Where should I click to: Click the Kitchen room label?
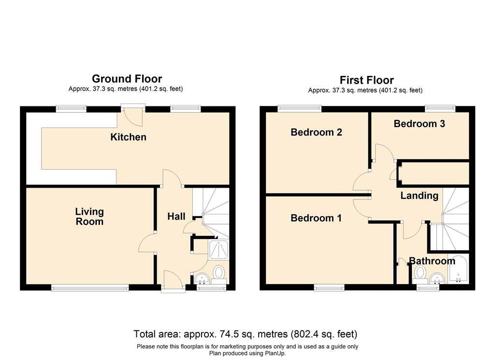click(x=128, y=137)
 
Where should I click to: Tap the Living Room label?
click(x=89, y=217)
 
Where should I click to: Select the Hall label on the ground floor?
click(x=176, y=216)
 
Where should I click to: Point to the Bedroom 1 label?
click(x=316, y=218)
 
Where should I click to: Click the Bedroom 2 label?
click(x=316, y=132)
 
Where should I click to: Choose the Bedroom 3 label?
click(x=419, y=124)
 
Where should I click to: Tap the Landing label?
click(x=419, y=196)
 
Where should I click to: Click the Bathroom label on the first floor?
click(x=432, y=261)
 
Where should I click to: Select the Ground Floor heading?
click(x=127, y=79)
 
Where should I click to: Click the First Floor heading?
click(x=366, y=80)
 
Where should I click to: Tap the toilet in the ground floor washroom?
click(x=219, y=273)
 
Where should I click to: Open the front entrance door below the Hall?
click(x=173, y=282)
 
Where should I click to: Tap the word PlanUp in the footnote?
click(x=276, y=353)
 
